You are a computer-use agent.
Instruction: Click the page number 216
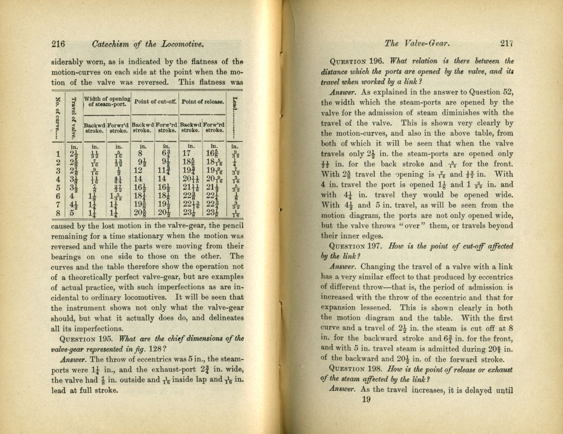pos(58,44)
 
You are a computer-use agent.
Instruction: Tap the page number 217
pos(507,43)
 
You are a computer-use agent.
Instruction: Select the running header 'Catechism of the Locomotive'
pos(148,44)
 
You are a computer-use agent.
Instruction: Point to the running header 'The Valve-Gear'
pos(417,43)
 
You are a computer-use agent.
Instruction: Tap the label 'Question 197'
pos(355,246)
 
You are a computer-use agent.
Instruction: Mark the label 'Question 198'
pos(355,369)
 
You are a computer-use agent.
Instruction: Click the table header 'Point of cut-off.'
pos(155,102)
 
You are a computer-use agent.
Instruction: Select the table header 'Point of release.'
pos(203,102)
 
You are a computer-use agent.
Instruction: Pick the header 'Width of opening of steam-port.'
pos(107,102)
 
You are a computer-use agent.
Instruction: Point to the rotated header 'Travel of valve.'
pos(74,117)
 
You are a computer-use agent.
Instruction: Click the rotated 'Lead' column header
pos(235,108)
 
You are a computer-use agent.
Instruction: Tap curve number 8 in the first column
pos(58,213)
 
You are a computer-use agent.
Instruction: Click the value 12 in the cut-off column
pos(138,171)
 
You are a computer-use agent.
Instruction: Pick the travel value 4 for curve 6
pos(73,196)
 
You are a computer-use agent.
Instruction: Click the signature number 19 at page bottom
pos(366,400)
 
